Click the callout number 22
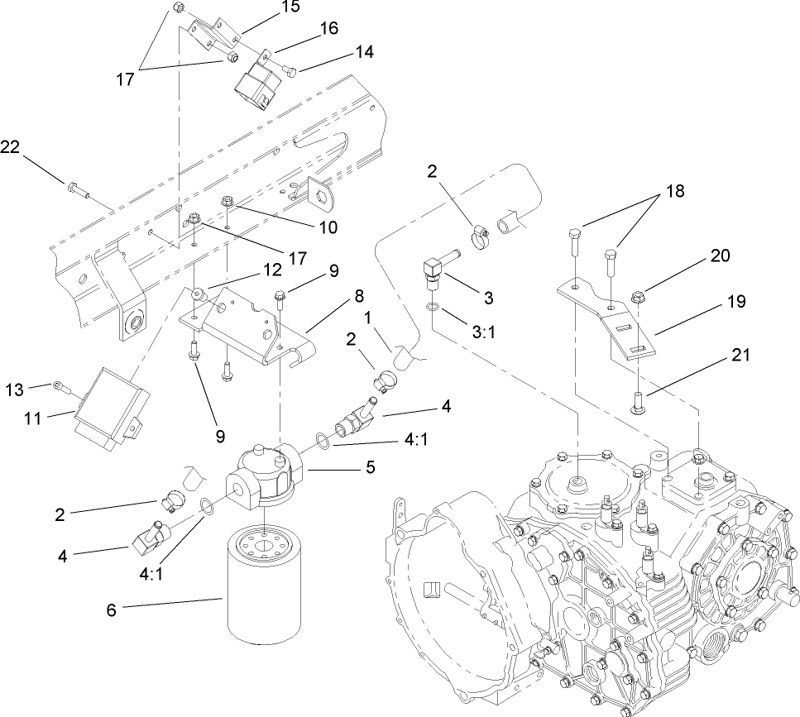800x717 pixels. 10,146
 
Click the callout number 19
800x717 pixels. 735,303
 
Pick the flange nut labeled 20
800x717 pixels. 639,296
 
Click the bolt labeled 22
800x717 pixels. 77,192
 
